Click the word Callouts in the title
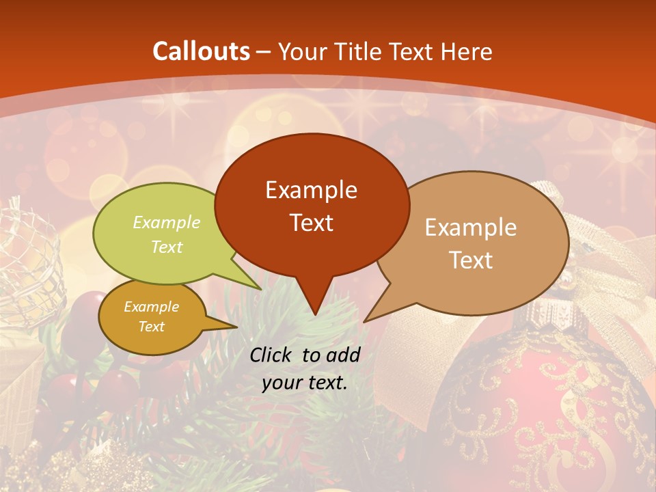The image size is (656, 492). [201, 51]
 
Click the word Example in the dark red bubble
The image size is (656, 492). [311, 189]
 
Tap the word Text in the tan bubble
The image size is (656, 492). [471, 260]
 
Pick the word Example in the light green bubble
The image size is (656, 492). [167, 222]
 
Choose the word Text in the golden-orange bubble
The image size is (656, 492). [151, 327]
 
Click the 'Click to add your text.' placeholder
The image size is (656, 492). [305, 368]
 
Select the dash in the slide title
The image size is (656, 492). [264, 52]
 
